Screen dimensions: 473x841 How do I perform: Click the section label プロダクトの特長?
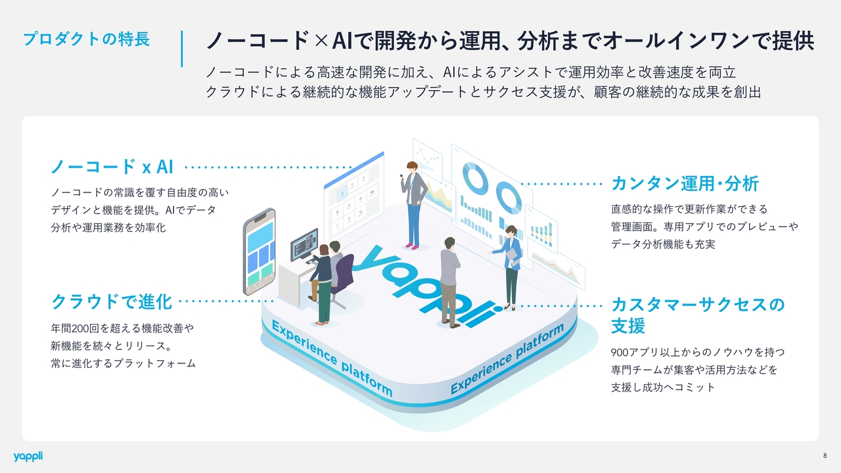86,39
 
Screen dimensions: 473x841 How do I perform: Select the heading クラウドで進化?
112,302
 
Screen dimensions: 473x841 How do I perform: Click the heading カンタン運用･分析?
685,183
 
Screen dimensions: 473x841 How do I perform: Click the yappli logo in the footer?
28,456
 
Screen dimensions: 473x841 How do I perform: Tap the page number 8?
825,456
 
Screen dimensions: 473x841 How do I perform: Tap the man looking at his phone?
413,204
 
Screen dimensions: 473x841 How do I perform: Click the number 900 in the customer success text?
620,352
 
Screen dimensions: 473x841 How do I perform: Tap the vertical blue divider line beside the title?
181,48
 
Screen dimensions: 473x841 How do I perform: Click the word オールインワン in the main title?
673,41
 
